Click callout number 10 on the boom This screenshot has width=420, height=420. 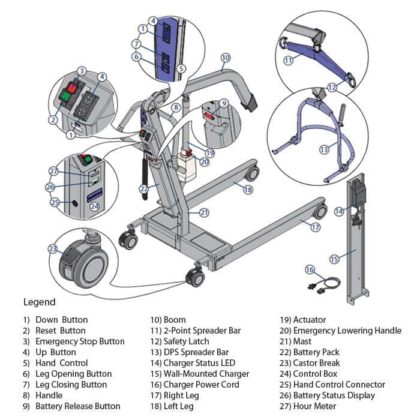pyautogui.click(x=225, y=58)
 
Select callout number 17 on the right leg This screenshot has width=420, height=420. pyautogui.click(x=316, y=227)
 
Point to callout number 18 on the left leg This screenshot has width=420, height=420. pyautogui.click(x=248, y=189)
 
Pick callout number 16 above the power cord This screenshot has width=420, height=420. pyautogui.click(x=310, y=269)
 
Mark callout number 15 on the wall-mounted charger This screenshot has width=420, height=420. pyautogui.click(x=334, y=259)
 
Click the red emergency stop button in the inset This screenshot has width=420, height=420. pyautogui.click(x=72, y=88)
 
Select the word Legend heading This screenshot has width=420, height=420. pyautogui.click(x=39, y=302)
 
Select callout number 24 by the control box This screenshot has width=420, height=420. pyautogui.click(x=94, y=206)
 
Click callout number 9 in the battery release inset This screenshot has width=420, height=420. pyautogui.click(x=223, y=103)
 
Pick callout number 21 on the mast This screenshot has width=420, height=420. pyautogui.click(x=204, y=212)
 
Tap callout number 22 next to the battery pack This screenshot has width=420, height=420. pyautogui.click(x=143, y=188)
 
